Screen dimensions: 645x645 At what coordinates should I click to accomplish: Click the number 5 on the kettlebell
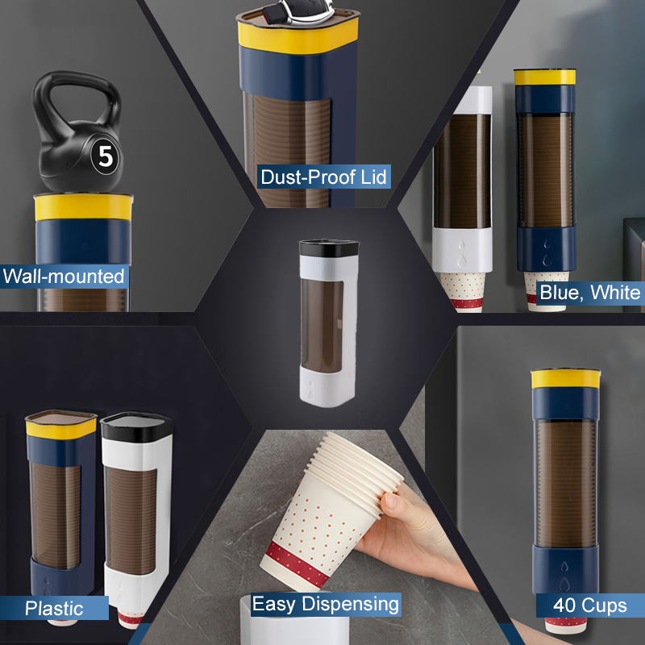(x=106, y=156)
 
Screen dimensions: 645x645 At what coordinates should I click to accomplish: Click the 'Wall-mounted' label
(x=64, y=276)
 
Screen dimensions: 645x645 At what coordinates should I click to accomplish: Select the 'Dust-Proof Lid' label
(x=324, y=177)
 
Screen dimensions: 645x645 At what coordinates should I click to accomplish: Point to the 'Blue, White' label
(x=590, y=293)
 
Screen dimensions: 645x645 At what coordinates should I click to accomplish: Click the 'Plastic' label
(x=54, y=608)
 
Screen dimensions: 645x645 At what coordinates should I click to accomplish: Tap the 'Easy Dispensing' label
(x=326, y=604)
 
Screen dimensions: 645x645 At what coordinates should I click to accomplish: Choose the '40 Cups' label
(x=590, y=605)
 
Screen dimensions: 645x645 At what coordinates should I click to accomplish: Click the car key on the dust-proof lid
(x=299, y=11)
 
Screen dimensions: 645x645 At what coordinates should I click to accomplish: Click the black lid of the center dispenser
(x=329, y=248)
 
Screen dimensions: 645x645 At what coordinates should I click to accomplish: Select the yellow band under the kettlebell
(x=84, y=207)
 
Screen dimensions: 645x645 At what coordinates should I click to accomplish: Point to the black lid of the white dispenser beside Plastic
(x=136, y=427)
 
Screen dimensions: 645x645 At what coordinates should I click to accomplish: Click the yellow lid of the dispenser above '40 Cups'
(x=566, y=379)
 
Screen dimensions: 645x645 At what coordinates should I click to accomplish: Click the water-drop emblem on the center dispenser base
(x=311, y=389)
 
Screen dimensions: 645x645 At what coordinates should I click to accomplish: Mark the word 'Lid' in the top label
(x=373, y=177)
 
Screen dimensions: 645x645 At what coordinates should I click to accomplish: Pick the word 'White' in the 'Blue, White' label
(x=615, y=293)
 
